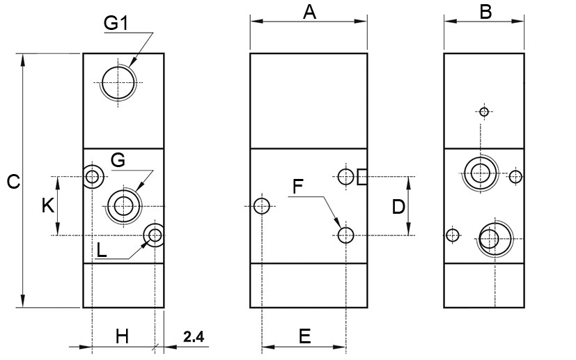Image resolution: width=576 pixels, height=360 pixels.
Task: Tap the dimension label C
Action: (x=13, y=182)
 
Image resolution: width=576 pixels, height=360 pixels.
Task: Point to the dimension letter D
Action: (x=398, y=206)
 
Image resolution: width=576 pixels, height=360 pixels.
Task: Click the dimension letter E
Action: (x=304, y=336)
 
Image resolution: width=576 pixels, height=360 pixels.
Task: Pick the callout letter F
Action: (x=298, y=186)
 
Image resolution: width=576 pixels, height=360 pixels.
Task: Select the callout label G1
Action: (x=116, y=23)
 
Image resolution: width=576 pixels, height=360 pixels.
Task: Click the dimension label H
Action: (x=122, y=336)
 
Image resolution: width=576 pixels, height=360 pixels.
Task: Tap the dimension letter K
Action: (x=47, y=205)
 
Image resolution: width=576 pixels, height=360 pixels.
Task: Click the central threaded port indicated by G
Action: (x=124, y=205)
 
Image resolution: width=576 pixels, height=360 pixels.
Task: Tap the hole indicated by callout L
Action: (x=154, y=235)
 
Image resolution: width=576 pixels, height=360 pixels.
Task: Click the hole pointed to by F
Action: (x=346, y=235)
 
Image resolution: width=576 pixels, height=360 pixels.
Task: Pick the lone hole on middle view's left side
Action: (x=262, y=206)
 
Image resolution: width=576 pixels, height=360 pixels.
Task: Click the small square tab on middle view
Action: (x=361, y=177)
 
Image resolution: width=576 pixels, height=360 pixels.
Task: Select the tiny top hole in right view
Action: (x=484, y=111)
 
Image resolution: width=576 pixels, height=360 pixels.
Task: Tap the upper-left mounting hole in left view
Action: (x=92, y=176)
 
